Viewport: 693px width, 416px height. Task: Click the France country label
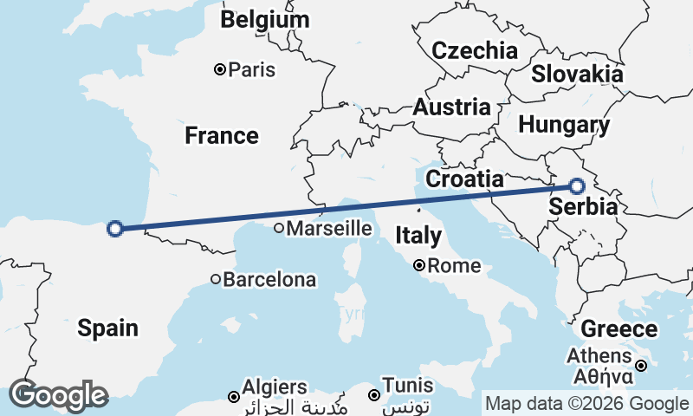tap(221, 136)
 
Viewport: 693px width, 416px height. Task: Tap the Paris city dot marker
tap(220, 69)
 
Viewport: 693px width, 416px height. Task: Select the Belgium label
tap(264, 20)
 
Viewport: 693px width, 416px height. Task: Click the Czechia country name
tap(474, 50)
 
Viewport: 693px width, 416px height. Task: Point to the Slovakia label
tap(577, 74)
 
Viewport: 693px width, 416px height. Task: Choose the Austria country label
tap(451, 108)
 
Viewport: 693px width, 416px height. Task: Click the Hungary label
tap(563, 125)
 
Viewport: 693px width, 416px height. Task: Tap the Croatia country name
tap(465, 179)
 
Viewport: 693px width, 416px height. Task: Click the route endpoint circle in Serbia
tap(577, 185)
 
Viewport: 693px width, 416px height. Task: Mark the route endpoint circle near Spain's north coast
tap(114, 229)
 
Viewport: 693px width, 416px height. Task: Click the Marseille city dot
tap(279, 229)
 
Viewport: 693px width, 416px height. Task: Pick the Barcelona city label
tap(269, 280)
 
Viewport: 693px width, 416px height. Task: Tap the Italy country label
tap(418, 235)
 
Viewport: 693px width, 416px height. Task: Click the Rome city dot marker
tap(418, 266)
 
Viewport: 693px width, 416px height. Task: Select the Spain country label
tap(107, 328)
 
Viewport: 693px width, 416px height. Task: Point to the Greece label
tap(619, 329)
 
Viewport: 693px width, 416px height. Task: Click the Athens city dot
tap(641, 366)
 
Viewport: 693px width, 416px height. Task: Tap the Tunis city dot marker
tap(374, 395)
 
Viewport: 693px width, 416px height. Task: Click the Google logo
tap(58, 395)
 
